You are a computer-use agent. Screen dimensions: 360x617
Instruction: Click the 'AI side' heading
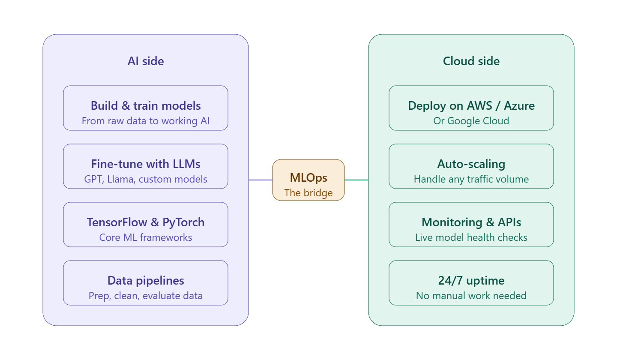click(146, 61)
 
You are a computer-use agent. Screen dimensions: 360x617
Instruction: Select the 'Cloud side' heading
click(471, 61)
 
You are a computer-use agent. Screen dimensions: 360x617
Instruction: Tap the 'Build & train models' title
click(146, 106)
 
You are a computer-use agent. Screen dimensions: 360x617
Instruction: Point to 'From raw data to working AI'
click(146, 121)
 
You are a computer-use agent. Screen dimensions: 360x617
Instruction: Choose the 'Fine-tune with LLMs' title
click(146, 164)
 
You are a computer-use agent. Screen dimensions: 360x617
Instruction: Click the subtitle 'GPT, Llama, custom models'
click(146, 179)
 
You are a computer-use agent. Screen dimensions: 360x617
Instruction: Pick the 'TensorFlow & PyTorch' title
click(146, 222)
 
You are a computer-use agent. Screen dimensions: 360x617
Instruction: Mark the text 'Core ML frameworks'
click(146, 237)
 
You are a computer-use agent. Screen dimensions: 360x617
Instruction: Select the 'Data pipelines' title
click(146, 281)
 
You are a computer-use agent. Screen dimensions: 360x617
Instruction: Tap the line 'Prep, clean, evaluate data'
click(146, 296)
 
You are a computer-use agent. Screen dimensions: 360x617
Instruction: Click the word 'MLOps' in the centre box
click(308, 177)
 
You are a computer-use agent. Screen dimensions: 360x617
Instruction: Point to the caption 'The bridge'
click(308, 193)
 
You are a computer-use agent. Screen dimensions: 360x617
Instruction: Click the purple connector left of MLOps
click(261, 180)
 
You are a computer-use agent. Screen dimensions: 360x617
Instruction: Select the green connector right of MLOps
click(356, 180)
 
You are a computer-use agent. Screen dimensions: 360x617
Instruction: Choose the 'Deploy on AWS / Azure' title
click(471, 106)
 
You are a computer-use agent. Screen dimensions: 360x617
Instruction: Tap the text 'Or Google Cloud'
click(471, 121)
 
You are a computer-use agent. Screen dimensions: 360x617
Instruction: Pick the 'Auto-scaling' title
click(471, 164)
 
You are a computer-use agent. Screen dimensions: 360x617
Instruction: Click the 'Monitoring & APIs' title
click(471, 222)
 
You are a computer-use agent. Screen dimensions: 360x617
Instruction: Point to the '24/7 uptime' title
click(471, 281)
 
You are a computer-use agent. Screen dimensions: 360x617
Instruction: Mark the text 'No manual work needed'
click(471, 296)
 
